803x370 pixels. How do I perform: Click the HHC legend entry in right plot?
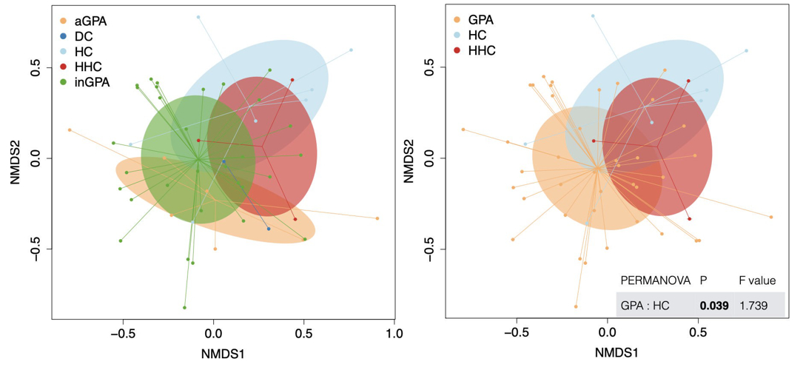(482, 51)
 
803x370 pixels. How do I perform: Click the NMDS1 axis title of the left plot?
(223, 354)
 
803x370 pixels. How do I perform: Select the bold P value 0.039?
(714, 305)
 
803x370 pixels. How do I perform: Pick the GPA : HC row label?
(645, 305)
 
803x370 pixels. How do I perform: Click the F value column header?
(757, 280)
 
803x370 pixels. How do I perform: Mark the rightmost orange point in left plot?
(377, 218)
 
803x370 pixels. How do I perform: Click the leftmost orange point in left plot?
(70, 130)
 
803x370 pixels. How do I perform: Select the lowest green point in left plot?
(184, 308)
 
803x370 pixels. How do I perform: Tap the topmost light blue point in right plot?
(592, 16)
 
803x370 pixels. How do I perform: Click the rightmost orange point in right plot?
(770, 217)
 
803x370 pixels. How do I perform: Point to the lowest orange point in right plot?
(575, 306)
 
